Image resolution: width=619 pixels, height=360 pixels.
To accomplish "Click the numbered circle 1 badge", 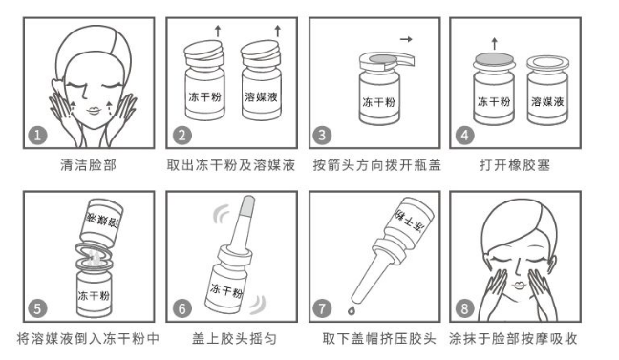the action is pyautogui.click(x=37, y=136).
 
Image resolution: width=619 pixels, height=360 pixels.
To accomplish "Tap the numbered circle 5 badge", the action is pyautogui.click(x=37, y=308).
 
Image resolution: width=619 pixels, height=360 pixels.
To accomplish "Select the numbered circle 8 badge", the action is pyautogui.click(x=464, y=308).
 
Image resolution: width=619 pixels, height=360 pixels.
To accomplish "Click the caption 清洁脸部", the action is pyautogui.click(x=89, y=165).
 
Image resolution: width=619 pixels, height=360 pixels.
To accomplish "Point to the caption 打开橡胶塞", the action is pyautogui.click(x=515, y=165).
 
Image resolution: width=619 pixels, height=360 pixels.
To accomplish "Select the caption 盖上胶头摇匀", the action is pyautogui.click(x=234, y=339).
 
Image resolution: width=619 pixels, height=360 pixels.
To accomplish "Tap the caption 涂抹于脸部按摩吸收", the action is pyautogui.click(x=513, y=339).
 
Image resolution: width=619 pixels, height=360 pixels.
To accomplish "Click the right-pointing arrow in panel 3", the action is pyautogui.click(x=406, y=39).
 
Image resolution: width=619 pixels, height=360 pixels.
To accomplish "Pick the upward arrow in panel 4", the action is pyautogui.click(x=494, y=43).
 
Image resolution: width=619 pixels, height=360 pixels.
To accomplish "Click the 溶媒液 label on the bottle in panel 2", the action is pyautogui.click(x=261, y=96).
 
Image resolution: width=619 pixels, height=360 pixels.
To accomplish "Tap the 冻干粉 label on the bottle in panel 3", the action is pyautogui.click(x=379, y=102).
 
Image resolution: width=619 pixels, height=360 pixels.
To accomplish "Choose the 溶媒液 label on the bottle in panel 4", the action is pyautogui.click(x=547, y=102).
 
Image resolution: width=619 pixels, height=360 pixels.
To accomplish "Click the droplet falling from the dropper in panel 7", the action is pyautogui.click(x=351, y=310).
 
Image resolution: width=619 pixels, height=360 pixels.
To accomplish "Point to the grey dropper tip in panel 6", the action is pyautogui.click(x=247, y=206).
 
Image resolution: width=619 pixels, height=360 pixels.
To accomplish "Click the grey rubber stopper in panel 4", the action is pyautogui.click(x=494, y=59).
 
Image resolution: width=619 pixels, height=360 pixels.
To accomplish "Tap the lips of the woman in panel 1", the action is pyautogui.click(x=94, y=111).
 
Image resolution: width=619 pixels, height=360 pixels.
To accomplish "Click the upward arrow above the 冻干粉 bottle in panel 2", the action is pyautogui.click(x=218, y=32).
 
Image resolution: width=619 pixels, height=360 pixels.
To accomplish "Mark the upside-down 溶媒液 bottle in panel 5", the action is pyautogui.click(x=100, y=223).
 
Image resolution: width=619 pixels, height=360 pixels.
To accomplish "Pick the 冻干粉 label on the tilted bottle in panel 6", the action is pyautogui.click(x=226, y=290).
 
